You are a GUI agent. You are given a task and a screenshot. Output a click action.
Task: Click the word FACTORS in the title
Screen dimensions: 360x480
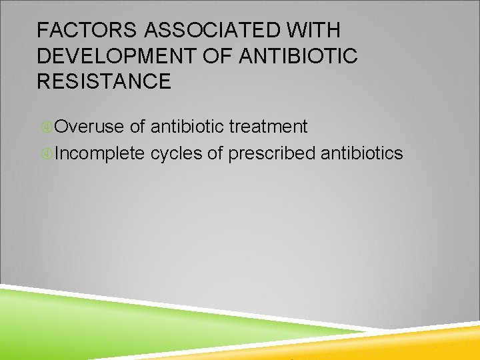tap(78, 31)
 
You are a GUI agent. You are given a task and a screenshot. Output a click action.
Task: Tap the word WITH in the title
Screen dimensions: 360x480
tap(319, 31)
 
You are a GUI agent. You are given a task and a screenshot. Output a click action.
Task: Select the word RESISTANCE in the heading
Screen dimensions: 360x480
tap(104, 82)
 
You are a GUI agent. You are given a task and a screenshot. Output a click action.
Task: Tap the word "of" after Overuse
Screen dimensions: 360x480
tap(138, 127)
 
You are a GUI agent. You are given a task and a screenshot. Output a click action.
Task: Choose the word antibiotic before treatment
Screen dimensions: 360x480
tap(187, 127)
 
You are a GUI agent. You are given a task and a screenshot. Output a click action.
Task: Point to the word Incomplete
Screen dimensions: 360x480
tap(100, 154)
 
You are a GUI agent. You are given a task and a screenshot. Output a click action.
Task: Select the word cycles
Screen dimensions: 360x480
tap(177, 154)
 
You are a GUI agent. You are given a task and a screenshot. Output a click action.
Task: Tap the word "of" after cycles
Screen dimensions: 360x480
tap(215, 154)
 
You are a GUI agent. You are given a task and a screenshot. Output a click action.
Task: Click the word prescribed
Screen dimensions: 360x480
tap(271, 154)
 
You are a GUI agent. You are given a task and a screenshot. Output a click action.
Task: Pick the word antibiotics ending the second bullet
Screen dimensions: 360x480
tap(361, 154)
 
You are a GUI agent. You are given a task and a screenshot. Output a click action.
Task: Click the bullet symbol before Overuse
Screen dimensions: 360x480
tap(47, 127)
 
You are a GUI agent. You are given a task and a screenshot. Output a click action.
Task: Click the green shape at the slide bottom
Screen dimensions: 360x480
tap(100, 327)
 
